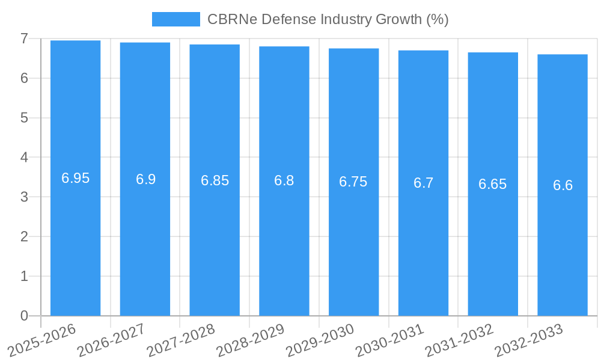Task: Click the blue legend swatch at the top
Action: tap(175, 19)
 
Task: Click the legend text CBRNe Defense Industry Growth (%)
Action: tap(328, 19)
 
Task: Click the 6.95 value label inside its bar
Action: tap(75, 178)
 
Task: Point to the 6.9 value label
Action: tap(145, 179)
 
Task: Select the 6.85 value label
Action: tap(215, 180)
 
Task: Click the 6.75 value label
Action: tap(353, 182)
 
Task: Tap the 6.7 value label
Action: tap(423, 184)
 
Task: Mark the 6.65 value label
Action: tap(493, 185)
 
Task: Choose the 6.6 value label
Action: tap(563, 185)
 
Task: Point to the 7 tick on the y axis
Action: tap(24, 39)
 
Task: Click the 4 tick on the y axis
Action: tap(24, 158)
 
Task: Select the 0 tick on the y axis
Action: tap(24, 316)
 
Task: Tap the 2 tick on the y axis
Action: tap(24, 237)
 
